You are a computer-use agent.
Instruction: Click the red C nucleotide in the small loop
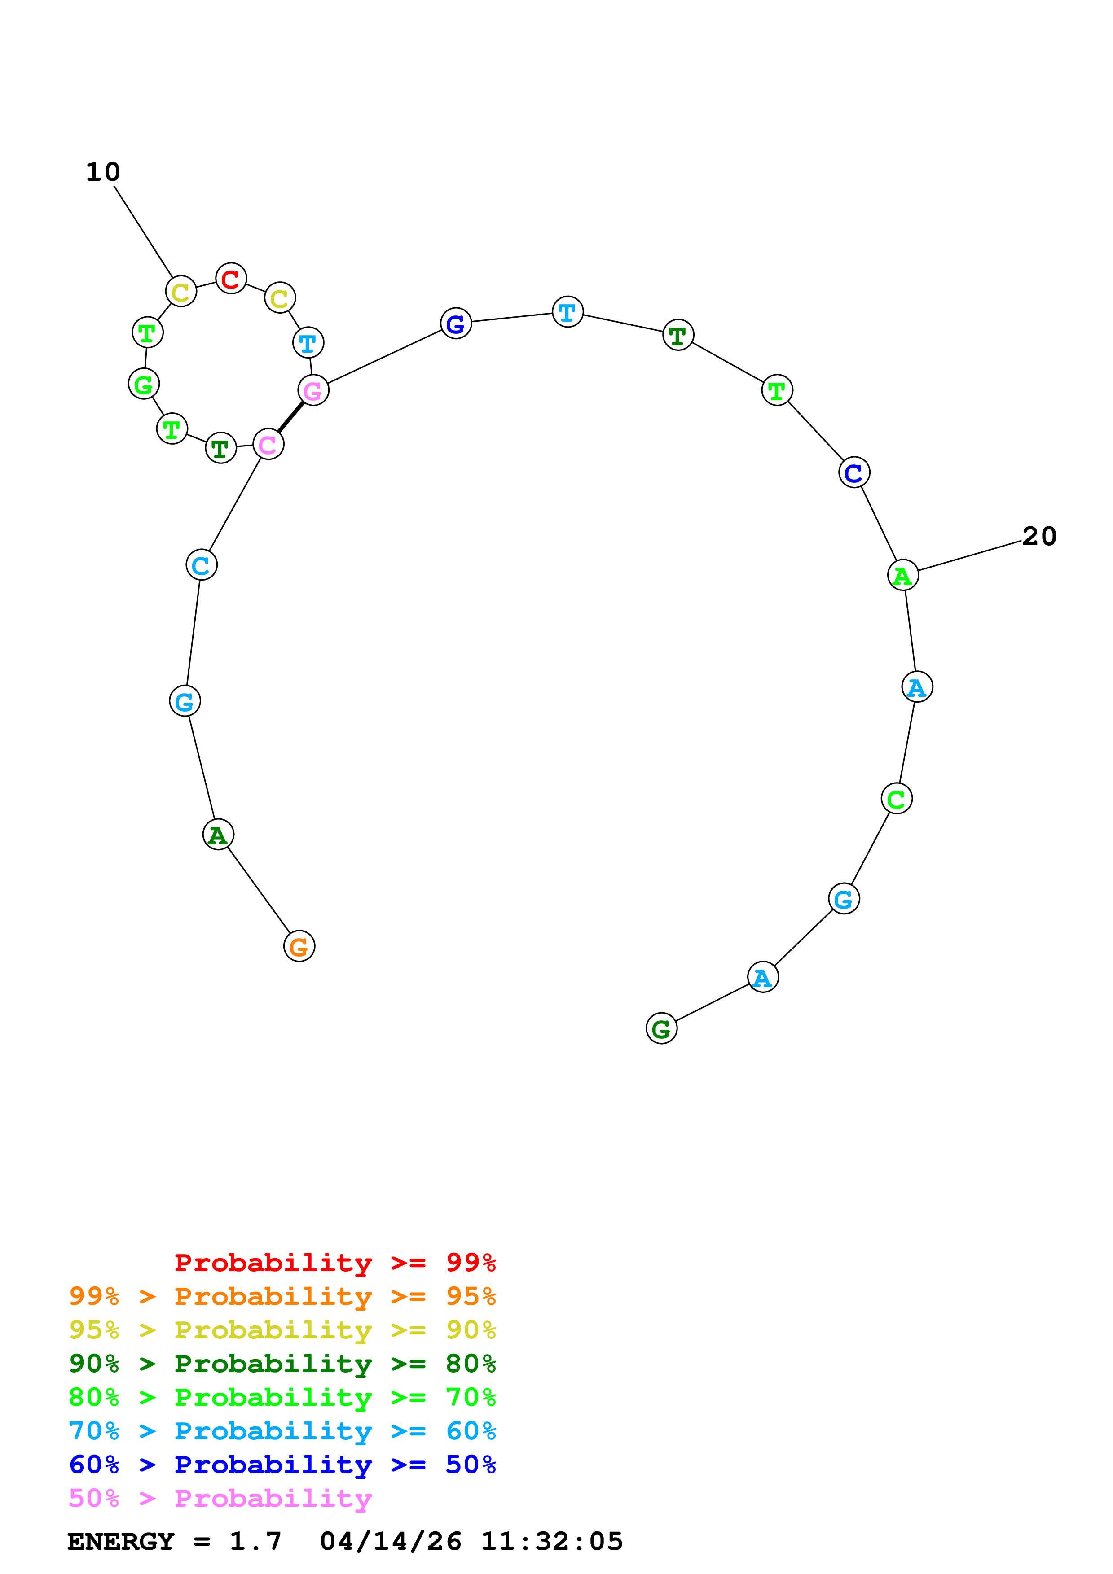(231, 278)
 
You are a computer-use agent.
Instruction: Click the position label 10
(103, 171)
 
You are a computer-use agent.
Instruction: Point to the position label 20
(1039, 536)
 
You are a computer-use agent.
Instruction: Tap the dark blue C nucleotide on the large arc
(854, 472)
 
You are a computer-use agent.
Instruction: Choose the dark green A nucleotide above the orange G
(218, 834)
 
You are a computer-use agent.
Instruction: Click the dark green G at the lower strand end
(661, 1028)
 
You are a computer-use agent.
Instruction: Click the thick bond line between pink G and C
(291, 417)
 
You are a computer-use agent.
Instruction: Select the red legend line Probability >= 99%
(334, 1263)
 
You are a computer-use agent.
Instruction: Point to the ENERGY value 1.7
(255, 1542)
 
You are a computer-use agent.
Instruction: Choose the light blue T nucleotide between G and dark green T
(567, 312)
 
